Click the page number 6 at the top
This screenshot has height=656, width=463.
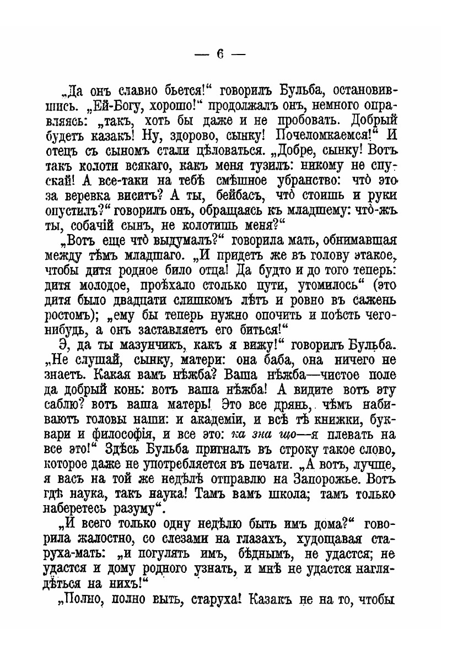pyautogui.click(x=219, y=55)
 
